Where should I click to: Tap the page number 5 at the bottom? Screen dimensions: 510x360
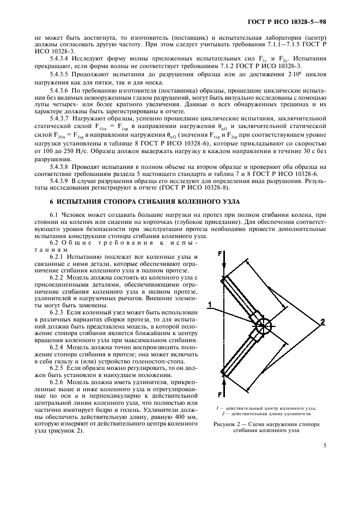tap(325, 446)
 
